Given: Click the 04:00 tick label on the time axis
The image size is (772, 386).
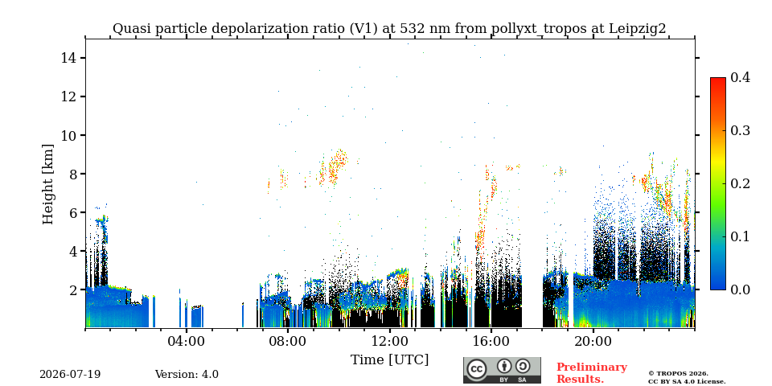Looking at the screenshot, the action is [187, 341].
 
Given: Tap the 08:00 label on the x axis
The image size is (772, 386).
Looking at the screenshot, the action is [288, 341].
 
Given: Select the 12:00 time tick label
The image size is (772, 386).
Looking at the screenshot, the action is [389, 341].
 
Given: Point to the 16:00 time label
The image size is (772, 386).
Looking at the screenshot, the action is [491, 341].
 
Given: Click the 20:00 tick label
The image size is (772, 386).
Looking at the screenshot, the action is [593, 341].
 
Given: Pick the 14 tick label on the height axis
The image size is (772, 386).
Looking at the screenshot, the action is [68, 58].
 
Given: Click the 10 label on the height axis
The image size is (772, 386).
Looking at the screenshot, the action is [68, 135].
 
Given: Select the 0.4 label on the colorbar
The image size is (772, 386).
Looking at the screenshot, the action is [740, 77].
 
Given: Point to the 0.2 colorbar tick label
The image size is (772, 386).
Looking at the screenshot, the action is [740, 183].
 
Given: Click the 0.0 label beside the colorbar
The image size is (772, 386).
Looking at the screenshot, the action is [740, 289].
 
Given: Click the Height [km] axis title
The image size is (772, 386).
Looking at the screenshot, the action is [47, 184].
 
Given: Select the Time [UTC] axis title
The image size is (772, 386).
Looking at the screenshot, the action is [389, 360].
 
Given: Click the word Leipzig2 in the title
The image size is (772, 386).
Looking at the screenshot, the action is [638, 29].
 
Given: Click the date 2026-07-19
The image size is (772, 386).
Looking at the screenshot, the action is [70, 375].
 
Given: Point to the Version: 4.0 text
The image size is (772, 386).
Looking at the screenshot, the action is [187, 375].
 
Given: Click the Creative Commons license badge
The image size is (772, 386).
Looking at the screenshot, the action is [502, 370].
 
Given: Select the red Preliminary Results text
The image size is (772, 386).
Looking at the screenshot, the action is [592, 373].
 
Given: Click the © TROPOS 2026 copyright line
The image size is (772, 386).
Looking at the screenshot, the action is [678, 374].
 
